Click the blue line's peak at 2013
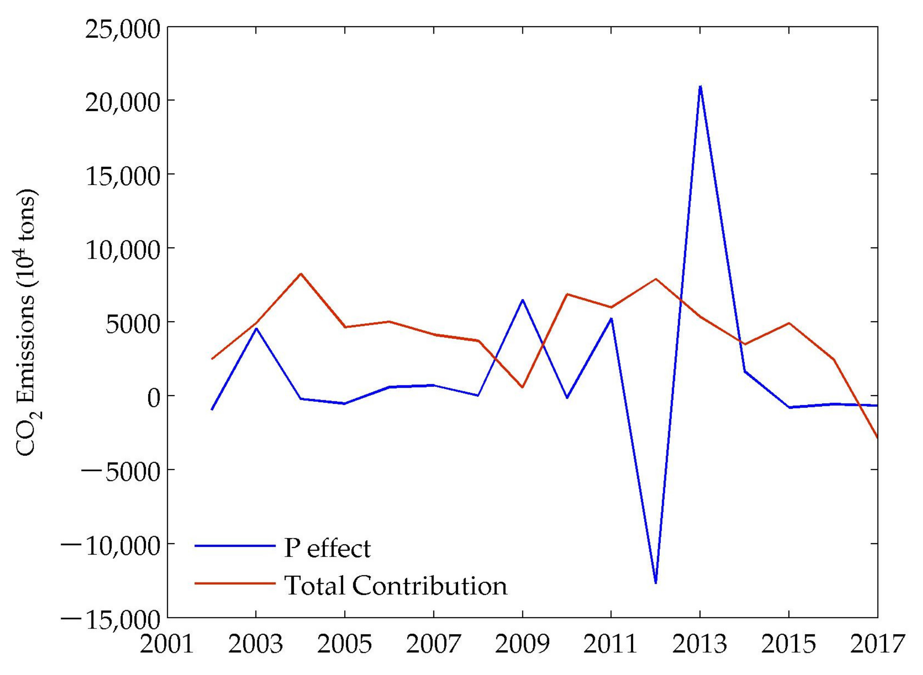tap(700, 86)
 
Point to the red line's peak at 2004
tap(301, 273)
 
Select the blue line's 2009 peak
tap(523, 299)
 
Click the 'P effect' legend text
tap(327, 548)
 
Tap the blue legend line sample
tap(235, 546)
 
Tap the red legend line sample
tap(235, 583)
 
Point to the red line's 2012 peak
tap(655, 279)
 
